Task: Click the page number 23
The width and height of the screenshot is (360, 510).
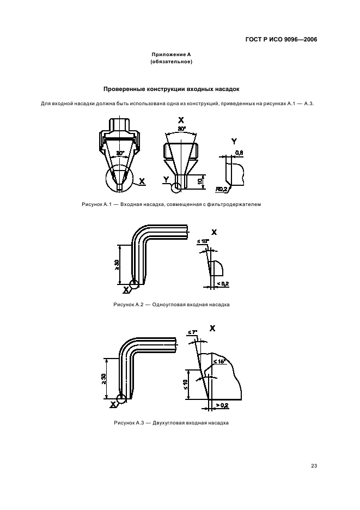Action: coord(314,465)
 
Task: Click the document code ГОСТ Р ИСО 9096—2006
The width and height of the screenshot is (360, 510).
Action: coord(281,39)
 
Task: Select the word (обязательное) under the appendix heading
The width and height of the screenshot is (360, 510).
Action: coord(172,62)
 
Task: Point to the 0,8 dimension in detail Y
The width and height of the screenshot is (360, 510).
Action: coord(239,153)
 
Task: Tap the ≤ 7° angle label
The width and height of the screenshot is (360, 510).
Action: coord(192,332)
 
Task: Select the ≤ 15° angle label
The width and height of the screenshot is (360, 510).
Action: coord(219,361)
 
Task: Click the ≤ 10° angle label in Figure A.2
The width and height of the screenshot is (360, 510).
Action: coord(203,241)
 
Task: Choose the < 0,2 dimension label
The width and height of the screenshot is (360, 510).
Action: coord(223,284)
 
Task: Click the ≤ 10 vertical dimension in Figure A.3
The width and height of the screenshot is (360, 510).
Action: coord(185,385)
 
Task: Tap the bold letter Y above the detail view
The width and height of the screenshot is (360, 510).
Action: coord(234,142)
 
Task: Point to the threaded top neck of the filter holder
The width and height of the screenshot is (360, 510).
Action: coord(120,124)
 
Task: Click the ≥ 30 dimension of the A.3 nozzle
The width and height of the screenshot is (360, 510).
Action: coord(103,379)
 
